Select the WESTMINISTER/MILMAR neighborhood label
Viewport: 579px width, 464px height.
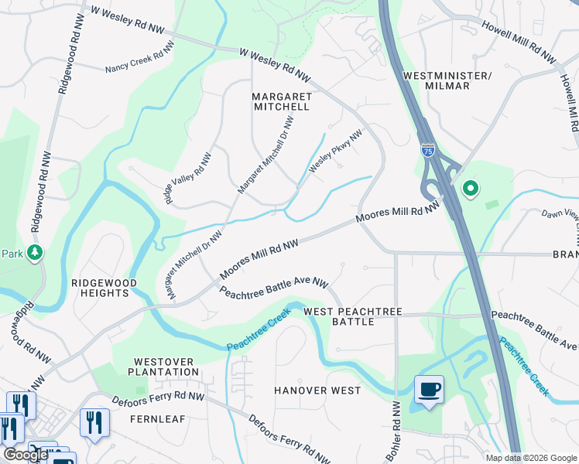pos(447,80)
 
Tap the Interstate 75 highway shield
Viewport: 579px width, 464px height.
pos(428,149)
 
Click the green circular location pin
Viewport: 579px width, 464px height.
pos(469,189)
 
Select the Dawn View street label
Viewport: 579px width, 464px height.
pos(559,216)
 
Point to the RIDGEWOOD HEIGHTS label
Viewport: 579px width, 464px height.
pos(104,288)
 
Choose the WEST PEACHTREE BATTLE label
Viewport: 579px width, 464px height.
pos(353,316)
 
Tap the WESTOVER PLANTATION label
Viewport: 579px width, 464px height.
pos(166,366)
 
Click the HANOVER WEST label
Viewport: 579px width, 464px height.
pos(317,391)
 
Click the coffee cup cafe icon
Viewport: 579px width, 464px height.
pos(428,388)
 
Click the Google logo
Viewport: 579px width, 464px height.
pos(26,455)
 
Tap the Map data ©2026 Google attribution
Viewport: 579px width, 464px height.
pos(530,458)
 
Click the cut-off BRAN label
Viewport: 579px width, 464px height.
pos(564,254)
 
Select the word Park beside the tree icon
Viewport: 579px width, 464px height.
pos(11,253)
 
